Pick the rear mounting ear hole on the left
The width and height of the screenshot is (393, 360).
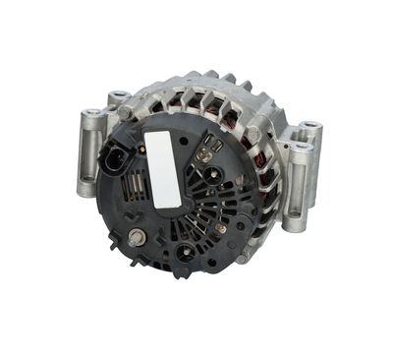[118, 96]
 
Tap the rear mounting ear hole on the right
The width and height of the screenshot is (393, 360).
[309, 129]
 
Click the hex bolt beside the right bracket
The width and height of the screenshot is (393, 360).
[253, 135]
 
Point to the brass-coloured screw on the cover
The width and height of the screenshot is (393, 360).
[221, 228]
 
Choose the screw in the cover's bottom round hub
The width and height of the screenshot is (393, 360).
[183, 253]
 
